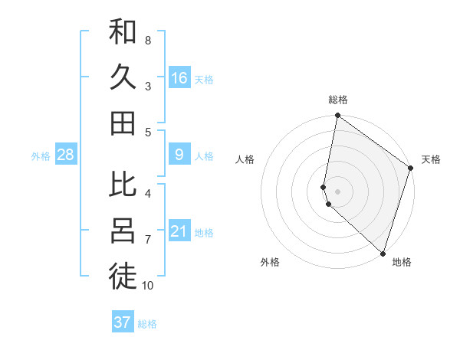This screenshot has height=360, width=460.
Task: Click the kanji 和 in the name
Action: tap(123, 32)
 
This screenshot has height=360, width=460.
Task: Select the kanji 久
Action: tap(123, 77)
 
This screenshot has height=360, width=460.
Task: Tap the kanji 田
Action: tap(123, 123)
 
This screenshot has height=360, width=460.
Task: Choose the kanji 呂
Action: tap(123, 231)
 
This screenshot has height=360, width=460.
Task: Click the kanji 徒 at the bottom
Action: tap(123, 277)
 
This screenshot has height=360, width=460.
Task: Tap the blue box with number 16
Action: tap(179, 78)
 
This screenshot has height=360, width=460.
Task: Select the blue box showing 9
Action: tap(179, 155)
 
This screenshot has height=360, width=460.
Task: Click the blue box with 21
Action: tap(179, 231)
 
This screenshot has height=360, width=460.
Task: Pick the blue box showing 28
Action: tap(66, 155)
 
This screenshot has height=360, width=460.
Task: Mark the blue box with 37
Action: tap(123, 322)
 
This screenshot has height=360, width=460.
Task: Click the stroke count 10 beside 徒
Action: tap(147, 286)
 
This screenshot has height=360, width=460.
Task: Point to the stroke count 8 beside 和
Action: tap(147, 40)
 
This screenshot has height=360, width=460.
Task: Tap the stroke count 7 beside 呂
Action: tap(147, 240)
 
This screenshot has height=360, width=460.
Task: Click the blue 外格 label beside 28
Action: tap(41, 156)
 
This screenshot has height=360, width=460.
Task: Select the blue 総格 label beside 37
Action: tap(147, 324)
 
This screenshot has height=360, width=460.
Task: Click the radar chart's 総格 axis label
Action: tap(338, 100)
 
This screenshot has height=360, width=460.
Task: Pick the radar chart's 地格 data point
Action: tap(382, 254)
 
